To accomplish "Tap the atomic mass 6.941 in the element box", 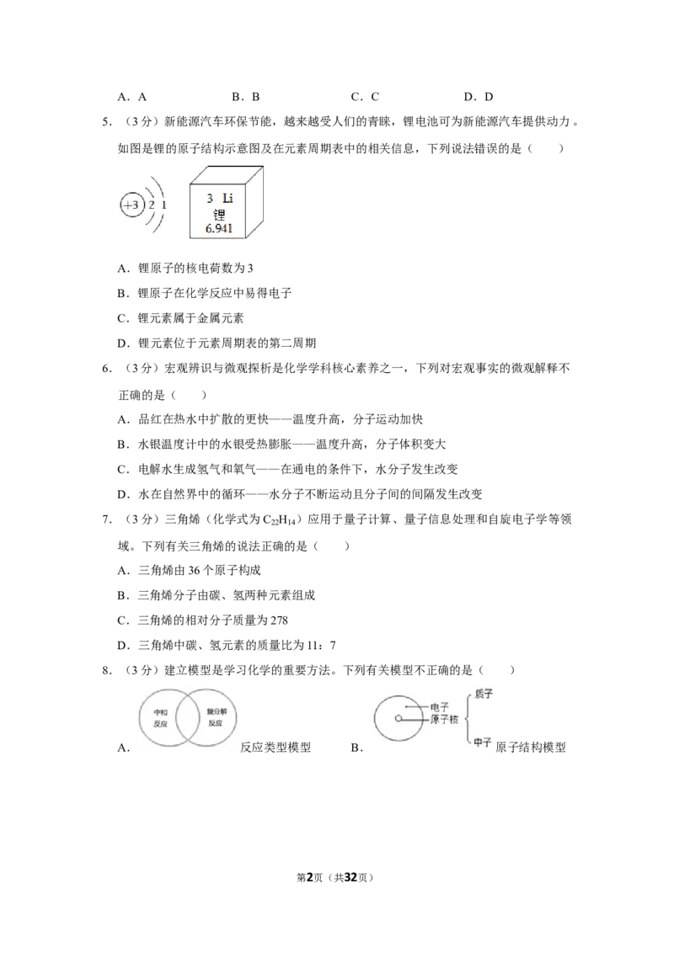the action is [x=218, y=228].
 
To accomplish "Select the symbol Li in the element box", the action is [x=227, y=198].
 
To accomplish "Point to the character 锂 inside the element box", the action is [x=219, y=214].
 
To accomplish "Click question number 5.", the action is [x=106, y=121].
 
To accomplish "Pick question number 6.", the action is [x=106, y=368].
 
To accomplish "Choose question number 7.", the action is [x=106, y=519].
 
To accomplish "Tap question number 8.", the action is [x=106, y=670].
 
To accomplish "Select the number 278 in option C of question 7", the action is [x=279, y=620].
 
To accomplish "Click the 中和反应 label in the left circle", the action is [x=161, y=718].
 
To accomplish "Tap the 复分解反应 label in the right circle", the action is [x=216, y=717].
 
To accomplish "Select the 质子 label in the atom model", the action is [x=484, y=694].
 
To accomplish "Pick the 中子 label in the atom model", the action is [x=483, y=743].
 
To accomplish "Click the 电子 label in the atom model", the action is [x=440, y=707].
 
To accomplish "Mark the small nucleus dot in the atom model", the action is [x=398, y=718].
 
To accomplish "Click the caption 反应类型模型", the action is [x=275, y=748].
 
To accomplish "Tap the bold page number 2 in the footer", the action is [x=310, y=877].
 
